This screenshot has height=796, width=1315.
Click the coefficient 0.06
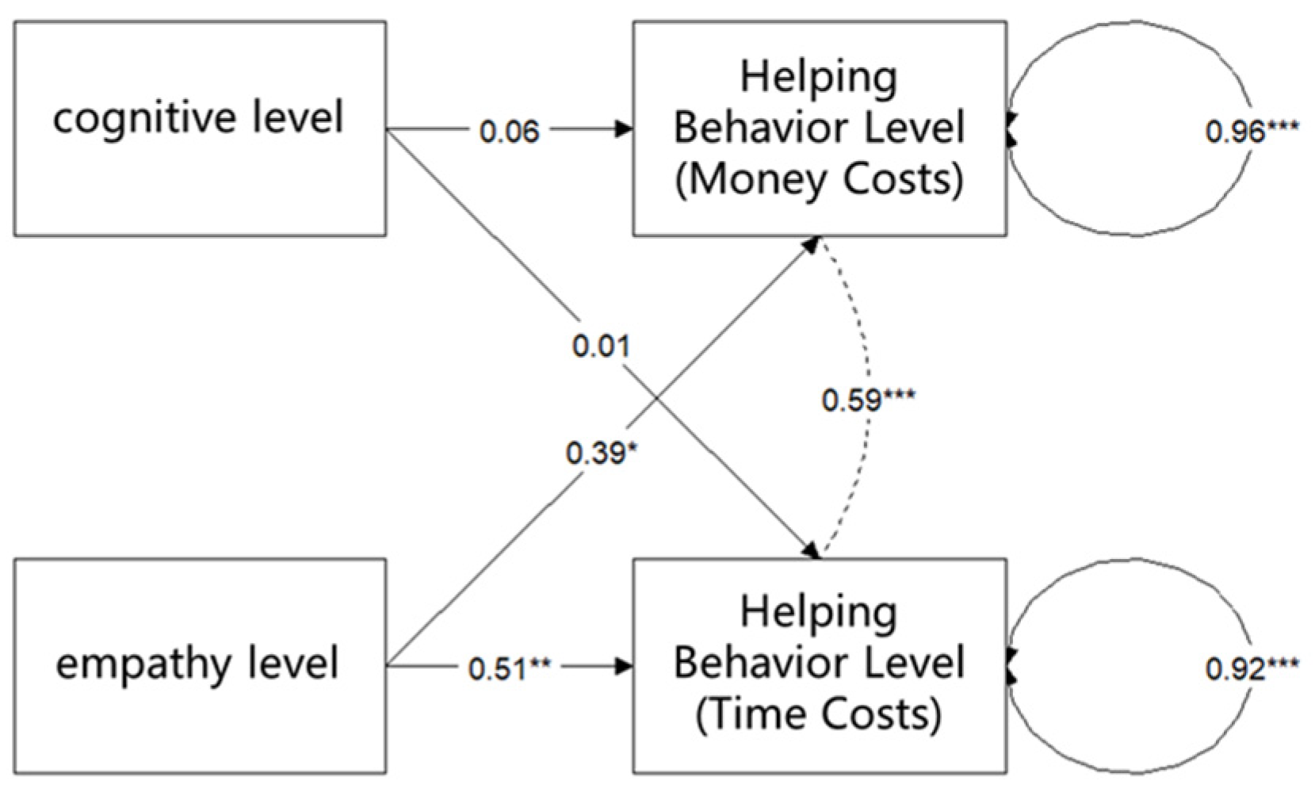click(x=509, y=132)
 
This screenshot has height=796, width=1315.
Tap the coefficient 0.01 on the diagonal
click(x=601, y=346)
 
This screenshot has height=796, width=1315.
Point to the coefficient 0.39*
click(x=601, y=453)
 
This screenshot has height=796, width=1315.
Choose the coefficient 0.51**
click(x=509, y=669)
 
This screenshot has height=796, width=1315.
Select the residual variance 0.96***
click(x=1251, y=132)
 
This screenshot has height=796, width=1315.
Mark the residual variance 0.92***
click(x=1251, y=669)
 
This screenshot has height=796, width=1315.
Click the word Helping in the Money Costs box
click(x=820, y=78)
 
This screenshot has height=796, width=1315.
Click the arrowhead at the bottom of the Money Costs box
click(x=810, y=244)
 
